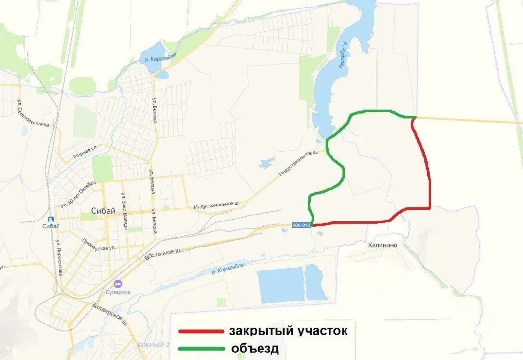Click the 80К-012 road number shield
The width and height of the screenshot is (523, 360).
pos(301,225)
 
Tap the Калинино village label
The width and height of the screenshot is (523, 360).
pos(382,245)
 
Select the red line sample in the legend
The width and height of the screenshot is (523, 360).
pos(201,331)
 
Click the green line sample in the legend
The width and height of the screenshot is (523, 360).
pos(201,349)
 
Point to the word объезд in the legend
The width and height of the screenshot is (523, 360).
pos(255,348)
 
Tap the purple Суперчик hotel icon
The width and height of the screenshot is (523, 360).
pos(118,284)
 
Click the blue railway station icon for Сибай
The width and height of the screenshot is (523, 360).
pos(51,219)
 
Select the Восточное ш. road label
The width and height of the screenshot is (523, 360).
pos(162,254)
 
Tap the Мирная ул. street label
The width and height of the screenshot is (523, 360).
pos(85,152)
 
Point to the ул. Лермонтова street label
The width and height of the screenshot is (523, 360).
pos(59,258)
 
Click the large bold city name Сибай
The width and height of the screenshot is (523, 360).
pos(103,211)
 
